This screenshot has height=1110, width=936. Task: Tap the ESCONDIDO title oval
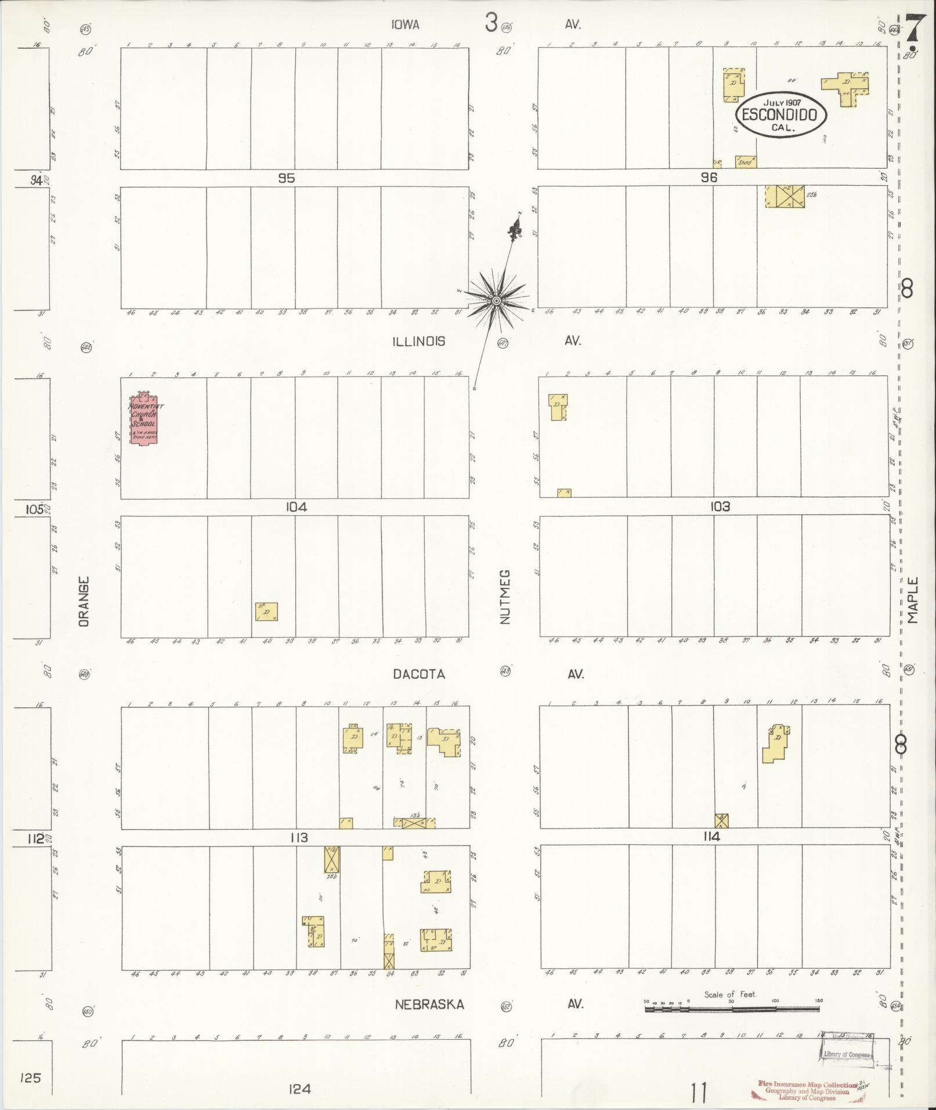(x=780, y=114)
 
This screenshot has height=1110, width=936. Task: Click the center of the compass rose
(x=496, y=300)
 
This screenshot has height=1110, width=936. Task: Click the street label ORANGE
(x=84, y=601)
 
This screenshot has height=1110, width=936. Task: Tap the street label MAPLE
(x=913, y=600)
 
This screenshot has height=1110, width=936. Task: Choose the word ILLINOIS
(x=418, y=341)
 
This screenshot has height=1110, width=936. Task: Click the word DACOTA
(x=418, y=674)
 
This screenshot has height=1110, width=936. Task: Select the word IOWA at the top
(x=404, y=24)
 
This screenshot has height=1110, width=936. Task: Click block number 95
(x=286, y=179)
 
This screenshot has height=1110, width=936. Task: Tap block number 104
(x=296, y=507)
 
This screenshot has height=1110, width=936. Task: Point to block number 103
(x=720, y=507)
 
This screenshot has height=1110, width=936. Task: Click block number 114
(x=711, y=837)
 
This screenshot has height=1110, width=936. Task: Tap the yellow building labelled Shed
(x=746, y=162)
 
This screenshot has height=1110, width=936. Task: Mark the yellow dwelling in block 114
(x=776, y=743)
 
